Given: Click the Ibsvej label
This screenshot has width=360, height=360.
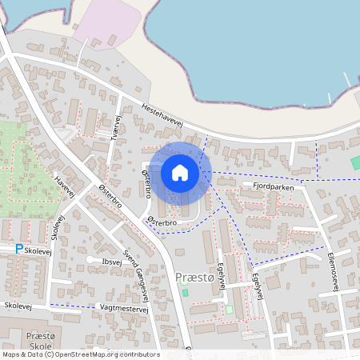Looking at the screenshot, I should [112, 261].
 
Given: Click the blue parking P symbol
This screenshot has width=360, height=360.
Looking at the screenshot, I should [19, 250].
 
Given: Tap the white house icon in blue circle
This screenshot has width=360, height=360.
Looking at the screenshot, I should [180, 173].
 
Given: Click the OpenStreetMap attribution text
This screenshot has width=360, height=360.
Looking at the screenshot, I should [80, 354].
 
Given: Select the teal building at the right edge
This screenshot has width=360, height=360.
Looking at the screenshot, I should [355, 162].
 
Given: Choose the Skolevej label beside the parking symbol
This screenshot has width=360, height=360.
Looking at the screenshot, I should [38, 250].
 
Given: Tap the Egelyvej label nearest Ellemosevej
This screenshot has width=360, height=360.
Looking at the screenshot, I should [256, 284].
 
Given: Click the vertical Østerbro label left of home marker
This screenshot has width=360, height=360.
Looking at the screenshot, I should [146, 183].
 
